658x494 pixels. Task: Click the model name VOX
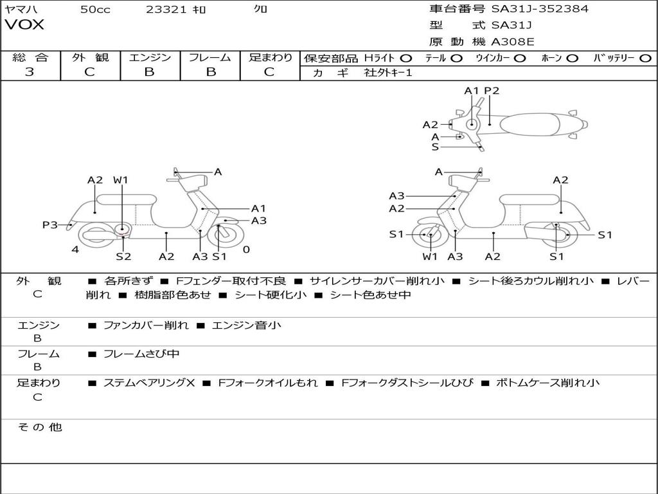coord(24,25)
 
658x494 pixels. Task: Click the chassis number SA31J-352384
coord(540,9)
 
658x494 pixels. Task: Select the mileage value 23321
coord(166,9)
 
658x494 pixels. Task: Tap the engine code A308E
coord(513,42)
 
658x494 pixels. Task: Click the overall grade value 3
coord(30,72)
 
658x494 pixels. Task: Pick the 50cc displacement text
coord(95,9)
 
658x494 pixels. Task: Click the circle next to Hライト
coord(406,58)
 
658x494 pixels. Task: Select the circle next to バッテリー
coord(646,58)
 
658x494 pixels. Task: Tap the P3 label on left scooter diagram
coord(49,224)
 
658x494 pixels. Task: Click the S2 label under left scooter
coord(123,257)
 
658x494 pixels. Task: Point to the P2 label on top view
coord(492,91)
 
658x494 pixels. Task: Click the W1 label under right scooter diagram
coord(430,257)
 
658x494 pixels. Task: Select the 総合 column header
coord(30,57)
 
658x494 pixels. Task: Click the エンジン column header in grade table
coord(150,57)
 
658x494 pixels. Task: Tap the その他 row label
coord(39,427)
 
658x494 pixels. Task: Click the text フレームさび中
coord(141,354)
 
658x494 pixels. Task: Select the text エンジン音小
coord(246,325)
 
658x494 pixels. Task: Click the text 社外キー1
coord(388,73)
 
